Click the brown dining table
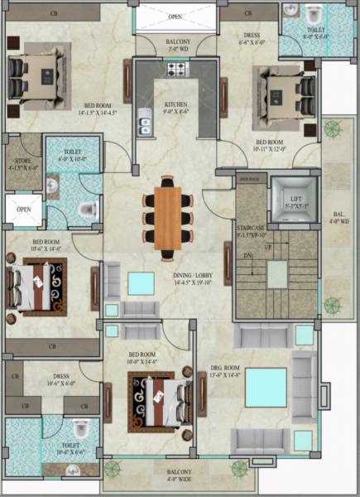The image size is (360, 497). pyautogui.click(x=168, y=215)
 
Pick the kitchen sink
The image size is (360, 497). pyautogui.click(x=146, y=126)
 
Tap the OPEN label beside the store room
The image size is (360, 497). pyautogui.click(x=24, y=210)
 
